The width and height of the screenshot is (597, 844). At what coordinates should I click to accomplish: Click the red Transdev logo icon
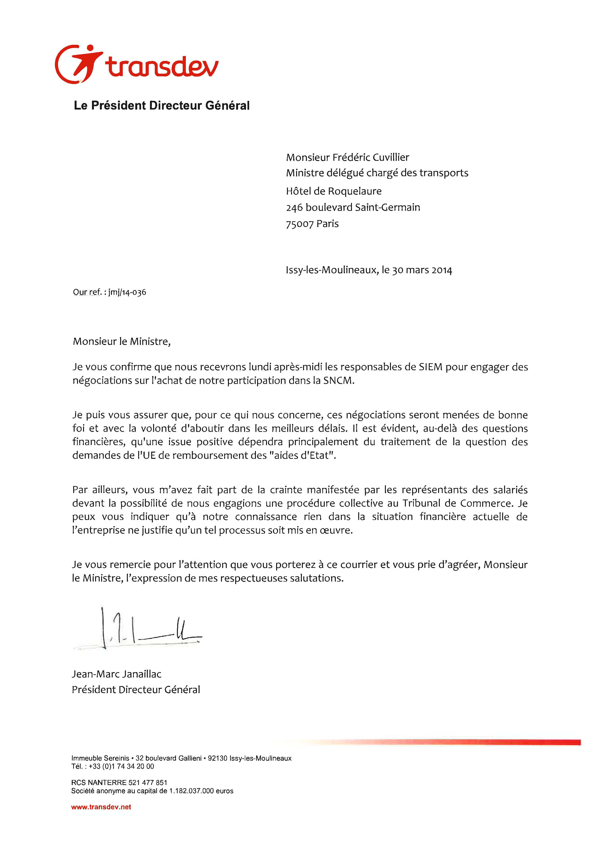tap(78, 64)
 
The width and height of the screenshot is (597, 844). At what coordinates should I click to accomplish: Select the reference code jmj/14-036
tap(127, 292)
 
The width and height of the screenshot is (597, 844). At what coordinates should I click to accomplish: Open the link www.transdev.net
tap(101, 807)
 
